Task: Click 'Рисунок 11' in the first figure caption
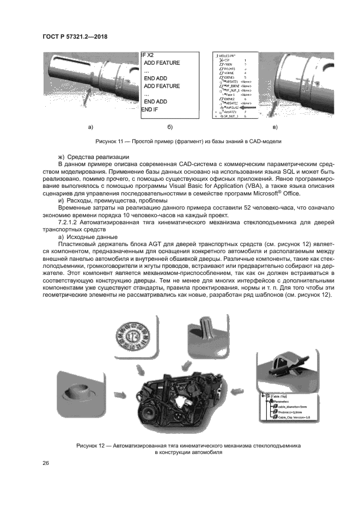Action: (x=110, y=142)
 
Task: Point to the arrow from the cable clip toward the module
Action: (x=237, y=390)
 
